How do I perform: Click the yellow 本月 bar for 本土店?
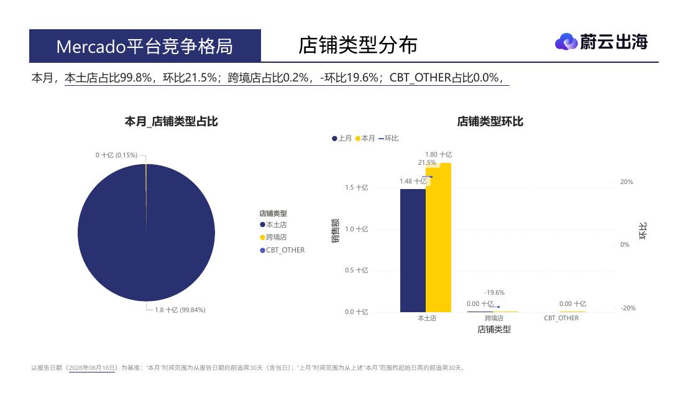click(438, 238)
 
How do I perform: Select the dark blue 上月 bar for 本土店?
click(413, 251)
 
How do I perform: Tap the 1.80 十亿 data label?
click(438, 154)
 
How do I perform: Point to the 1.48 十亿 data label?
click(413, 181)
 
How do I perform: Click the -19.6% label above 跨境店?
click(494, 292)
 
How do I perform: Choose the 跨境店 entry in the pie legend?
click(273, 237)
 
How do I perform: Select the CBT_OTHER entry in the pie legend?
click(282, 250)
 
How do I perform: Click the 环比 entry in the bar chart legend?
click(388, 138)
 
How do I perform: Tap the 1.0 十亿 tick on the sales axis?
click(356, 229)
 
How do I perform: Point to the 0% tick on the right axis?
click(625, 244)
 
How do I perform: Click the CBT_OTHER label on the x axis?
click(561, 318)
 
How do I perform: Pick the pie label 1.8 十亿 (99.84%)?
click(180, 310)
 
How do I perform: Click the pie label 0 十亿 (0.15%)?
click(116, 155)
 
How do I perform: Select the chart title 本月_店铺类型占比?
click(171, 121)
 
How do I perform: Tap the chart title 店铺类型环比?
click(490, 121)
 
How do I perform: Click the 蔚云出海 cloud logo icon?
click(566, 42)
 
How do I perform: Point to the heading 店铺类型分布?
click(357, 45)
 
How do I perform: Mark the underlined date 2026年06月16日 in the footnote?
click(92, 368)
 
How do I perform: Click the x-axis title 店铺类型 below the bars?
click(494, 329)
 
